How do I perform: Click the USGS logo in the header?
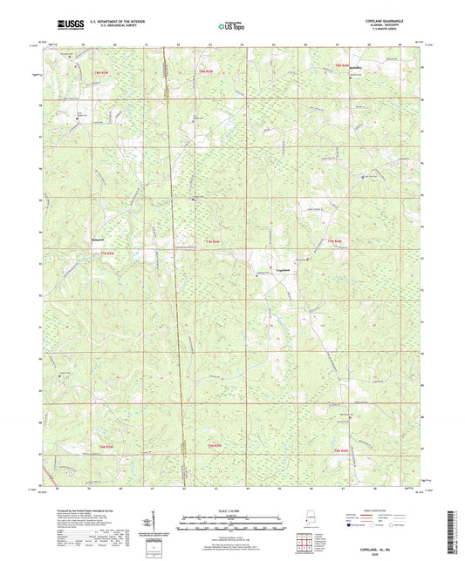coord(67,24)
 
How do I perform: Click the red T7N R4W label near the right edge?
coord(334,240)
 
